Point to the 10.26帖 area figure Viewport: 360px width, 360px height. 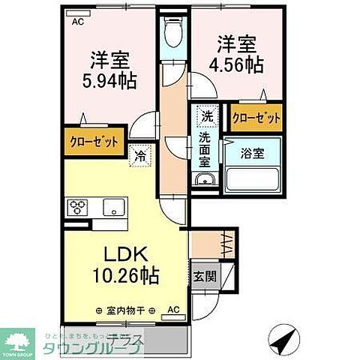click(x=124, y=276)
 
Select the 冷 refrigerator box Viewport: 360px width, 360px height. click(x=141, y=157)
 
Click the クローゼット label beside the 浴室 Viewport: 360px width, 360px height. click(x=256, y=118)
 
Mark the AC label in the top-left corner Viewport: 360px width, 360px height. click(x=78, y=22)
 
